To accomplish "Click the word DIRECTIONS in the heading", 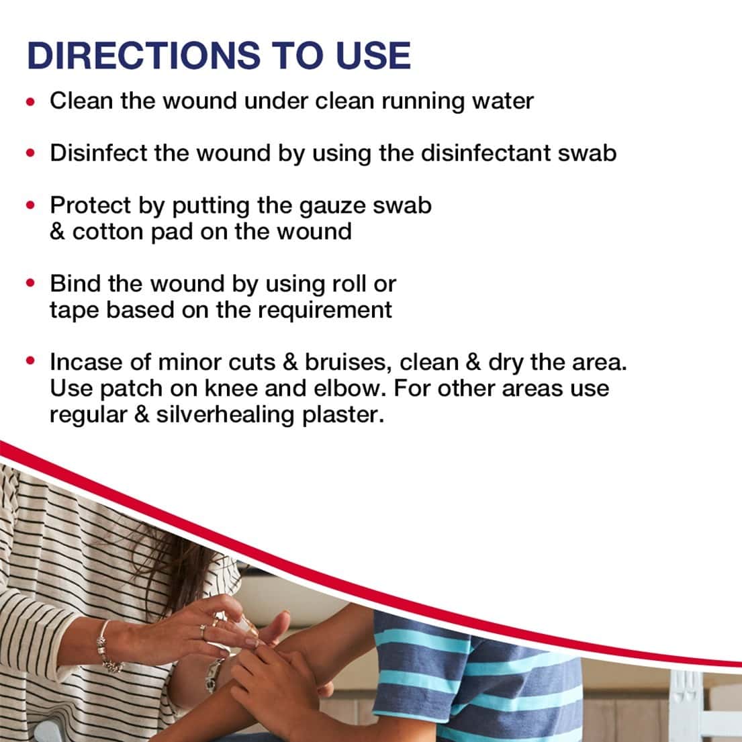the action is [x=144, y=55].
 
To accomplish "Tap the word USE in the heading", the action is [x=373, y=55].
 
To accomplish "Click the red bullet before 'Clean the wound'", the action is [x=31, y=101].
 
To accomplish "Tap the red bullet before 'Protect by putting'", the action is [x=31, y=205].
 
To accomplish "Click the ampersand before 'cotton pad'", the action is [x=57, y=232].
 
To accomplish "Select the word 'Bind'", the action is [x=75, y=283].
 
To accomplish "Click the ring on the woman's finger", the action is [x=203, y=631].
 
